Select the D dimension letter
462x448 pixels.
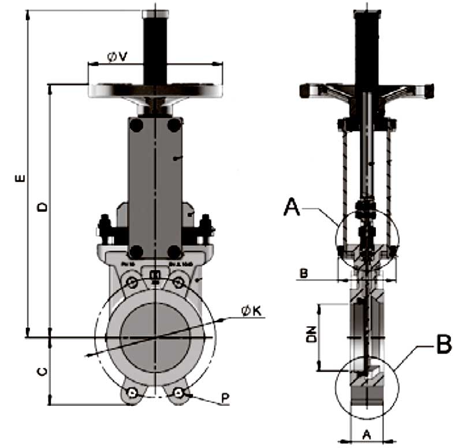tap(42, 207)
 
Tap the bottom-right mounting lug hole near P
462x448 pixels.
tap(180, 393)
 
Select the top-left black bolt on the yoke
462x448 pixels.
tap(136, 125)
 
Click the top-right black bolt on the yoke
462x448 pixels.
tap(174, 125)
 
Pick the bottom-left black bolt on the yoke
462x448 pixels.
tap(136, 251)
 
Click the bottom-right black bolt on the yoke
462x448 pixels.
tap(174, 251)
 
